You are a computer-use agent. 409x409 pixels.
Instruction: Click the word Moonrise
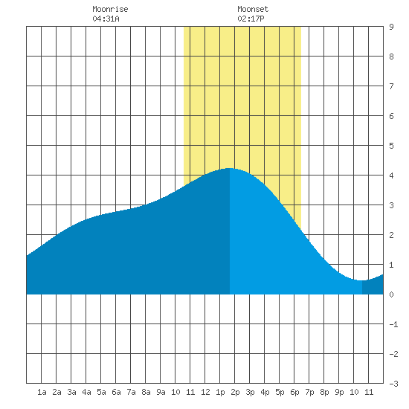[110, 9]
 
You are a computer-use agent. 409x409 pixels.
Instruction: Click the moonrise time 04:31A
[106, 19]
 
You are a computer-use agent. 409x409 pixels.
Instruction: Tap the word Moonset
[253, 9]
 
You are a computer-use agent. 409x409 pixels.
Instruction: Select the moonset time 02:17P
[251, 19]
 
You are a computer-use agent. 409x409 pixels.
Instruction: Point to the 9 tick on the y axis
[391, 27]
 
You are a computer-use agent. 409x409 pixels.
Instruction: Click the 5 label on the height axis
[391, 146]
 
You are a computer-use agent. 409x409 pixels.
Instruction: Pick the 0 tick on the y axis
[391, 294]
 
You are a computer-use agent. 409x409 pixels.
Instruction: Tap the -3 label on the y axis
[393, 384]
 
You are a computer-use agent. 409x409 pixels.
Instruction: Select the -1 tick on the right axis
[393, 324]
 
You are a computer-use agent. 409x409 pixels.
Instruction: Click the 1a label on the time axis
[42, 392]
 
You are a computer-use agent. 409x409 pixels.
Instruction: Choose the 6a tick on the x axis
[116, 392]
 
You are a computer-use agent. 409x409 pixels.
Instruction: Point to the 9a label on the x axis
[161, 392]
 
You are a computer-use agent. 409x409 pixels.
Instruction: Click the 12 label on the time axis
[205, 392]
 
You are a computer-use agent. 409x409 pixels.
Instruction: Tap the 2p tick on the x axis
[235, 392]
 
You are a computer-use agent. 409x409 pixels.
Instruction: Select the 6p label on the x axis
[294, 392]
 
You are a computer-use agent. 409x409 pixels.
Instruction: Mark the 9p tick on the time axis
[339, 392]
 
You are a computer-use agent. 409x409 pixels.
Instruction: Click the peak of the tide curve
[230, 169]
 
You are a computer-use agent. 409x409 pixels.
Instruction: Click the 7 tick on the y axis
[391, 86]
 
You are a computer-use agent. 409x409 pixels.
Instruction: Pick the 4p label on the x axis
[265, 392]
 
